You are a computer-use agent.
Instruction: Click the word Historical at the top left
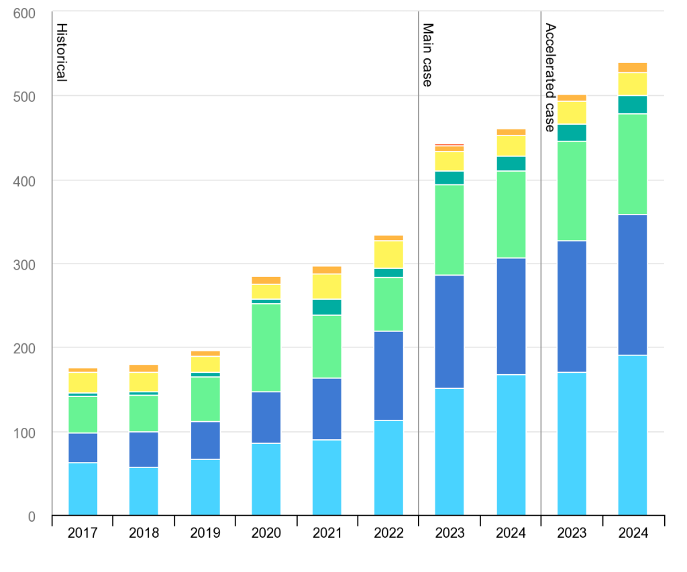61,52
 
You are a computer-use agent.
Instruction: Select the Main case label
427,55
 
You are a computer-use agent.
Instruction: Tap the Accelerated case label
550,77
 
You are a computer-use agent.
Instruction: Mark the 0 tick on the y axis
31,516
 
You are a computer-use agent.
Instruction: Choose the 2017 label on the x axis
83,534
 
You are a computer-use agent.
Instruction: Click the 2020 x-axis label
266,534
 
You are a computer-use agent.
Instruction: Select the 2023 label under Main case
450,534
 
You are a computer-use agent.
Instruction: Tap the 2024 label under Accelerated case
633,534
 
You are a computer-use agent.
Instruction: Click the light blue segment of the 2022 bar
388,467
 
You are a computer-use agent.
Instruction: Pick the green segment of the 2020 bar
266,347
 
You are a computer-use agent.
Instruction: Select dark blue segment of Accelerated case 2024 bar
633,285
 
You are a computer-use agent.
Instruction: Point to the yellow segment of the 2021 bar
327,286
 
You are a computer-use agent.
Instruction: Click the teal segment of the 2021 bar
327,307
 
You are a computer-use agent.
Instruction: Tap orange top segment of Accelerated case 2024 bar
633,67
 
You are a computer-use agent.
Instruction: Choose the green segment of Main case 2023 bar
450,230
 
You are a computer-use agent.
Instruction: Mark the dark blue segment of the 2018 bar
144,449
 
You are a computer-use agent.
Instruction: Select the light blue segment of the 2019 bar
205,487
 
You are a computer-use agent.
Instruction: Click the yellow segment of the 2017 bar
83,382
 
